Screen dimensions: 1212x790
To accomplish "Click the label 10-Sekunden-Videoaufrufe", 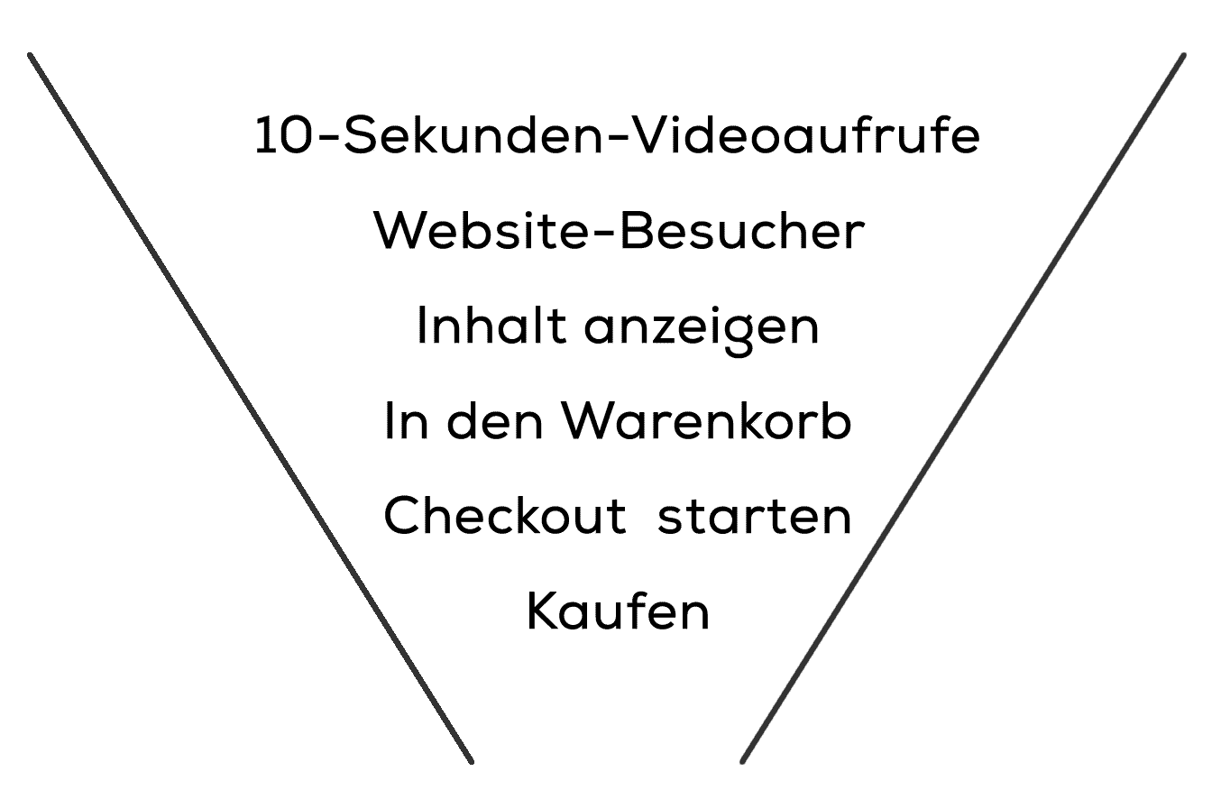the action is pos(618,134).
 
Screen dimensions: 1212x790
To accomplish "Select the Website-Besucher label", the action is pos(619,231).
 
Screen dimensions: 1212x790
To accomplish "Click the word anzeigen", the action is pos(702,331).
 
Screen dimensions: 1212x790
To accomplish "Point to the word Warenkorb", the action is pos(707,421).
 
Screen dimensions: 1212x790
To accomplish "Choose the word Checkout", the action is pos(505,516).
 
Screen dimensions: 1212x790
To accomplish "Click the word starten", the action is pos(755,518).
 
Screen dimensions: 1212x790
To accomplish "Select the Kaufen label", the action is pos(618,611).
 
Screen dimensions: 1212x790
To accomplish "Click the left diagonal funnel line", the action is pos(251,409).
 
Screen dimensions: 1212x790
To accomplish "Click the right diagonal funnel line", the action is pos(963,409).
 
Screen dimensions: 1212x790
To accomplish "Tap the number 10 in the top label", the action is pos(284,135).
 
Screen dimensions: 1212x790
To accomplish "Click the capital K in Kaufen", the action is pos(543,611).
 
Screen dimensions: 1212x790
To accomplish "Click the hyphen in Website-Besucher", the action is pos(601,234).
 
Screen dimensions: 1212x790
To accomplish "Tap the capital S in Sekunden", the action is pos(362,135).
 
